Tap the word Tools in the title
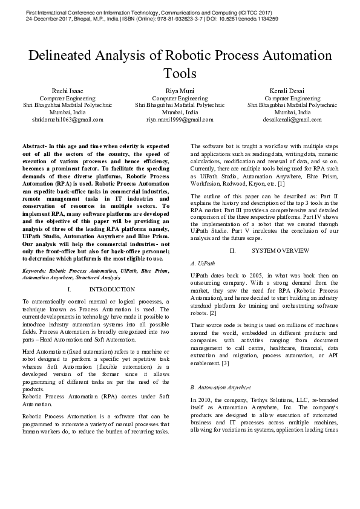point(180,74)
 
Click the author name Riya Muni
point(180,91)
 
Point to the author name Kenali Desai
point(292,91)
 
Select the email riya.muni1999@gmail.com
point(180,120)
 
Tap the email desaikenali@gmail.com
point(293,120)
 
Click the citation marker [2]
point(212,313)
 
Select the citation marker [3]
point(225,363)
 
